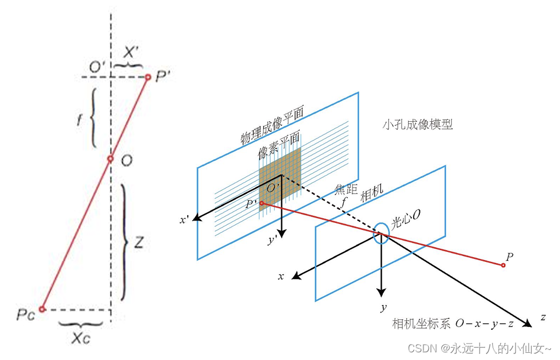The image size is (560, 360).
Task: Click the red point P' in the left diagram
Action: click(x=148, y=77)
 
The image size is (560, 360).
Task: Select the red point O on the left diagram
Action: click(x=110, y=159)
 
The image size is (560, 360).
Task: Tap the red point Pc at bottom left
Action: click(x=42, y=309)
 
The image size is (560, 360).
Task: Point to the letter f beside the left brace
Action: click(x=79, y=118)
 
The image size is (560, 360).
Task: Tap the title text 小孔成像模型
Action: click(x=418, y=125)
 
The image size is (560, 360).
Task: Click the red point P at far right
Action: click(x=503, y=265)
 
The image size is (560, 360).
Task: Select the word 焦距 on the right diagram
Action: click(x=343, y=188)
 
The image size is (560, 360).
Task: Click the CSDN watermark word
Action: click(x=420, y=349)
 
